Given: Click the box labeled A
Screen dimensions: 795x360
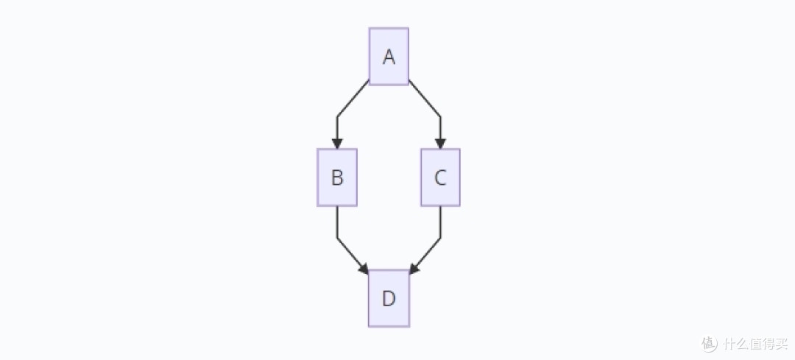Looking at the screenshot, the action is pyautogui.click(x=389, y=56).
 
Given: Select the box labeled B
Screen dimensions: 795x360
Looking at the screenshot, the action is pyautogui.click(x=337, y=177).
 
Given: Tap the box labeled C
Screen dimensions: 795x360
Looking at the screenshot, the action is pyautogui.click(x=440, y=177).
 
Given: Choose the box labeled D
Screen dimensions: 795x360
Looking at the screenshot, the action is pyautogui.click(x=389, y=298).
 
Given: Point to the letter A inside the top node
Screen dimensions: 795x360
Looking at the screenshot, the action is pyautogui.click(x=389, y=57).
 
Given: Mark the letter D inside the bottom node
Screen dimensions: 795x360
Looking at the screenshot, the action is pyautogui.click(x=389, y=299).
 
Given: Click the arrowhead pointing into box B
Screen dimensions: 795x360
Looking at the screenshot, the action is pyautogui.click(x=337, y=144).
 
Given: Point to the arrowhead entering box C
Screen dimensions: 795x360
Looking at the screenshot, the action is pyautogui.click(x=440, y=144).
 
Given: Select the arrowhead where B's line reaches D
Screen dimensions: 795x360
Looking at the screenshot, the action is pyautogui.click(x=364, y=269).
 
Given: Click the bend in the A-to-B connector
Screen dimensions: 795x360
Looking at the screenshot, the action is pyautogui.click(x=337, y=116).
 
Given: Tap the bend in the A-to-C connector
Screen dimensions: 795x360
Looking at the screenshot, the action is pyautogui.click(x=440, y=116).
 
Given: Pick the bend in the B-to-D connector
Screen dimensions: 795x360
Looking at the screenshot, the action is pyautogui.click(x=337, y=237).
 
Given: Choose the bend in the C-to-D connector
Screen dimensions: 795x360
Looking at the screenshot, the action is pyautogui.click(x=440, y=237).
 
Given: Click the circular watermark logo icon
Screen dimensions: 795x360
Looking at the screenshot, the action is pyautogui.click(x=710, y=343).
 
